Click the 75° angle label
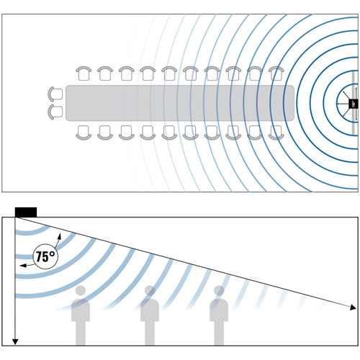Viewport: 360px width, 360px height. (45, 256)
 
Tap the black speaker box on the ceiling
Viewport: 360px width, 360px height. (26, 212)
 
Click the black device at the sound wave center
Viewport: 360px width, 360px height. (354, 104)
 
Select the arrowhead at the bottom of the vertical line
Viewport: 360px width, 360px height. (15, 342)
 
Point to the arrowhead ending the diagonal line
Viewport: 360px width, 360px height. (354, 307)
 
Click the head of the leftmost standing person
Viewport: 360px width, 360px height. (81, 291)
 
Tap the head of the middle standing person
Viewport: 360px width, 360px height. (150, 291)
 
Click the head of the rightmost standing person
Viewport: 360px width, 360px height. (219, 291)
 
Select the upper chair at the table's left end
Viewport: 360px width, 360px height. (55, 94)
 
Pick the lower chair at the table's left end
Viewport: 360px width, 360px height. (55, 112)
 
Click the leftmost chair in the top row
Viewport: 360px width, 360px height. (84, 73)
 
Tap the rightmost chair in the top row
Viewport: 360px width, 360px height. (276, 73)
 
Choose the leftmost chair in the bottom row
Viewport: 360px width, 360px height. (84, 132)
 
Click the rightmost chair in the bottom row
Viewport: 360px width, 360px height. (276, 132)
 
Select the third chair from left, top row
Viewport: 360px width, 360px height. (127, 73)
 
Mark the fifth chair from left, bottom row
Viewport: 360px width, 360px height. (169, 132)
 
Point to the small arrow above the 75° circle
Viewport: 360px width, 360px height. (58, 240)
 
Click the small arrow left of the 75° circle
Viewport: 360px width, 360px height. (27, 265)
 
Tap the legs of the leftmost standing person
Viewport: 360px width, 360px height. (81, 333)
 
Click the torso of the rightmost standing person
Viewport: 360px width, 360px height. (219, 310)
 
